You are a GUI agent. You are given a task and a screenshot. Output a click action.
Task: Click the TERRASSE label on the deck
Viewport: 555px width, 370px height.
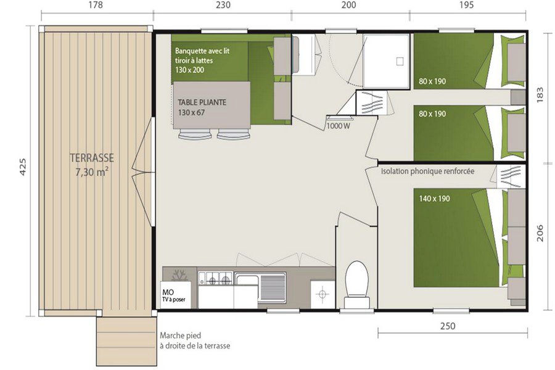tap(92, 158)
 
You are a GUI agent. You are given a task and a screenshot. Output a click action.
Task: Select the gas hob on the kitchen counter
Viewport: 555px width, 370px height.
tap(215, 278)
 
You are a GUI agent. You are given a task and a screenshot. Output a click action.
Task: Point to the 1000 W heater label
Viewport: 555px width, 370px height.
tap(339, 126)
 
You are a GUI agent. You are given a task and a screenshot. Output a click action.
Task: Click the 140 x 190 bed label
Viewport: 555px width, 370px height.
tap(434, 199)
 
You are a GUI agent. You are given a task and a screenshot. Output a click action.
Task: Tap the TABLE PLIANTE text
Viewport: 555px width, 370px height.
tap(202, 102)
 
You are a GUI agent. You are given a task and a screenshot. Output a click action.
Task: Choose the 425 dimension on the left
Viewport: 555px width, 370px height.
tap(22, 167)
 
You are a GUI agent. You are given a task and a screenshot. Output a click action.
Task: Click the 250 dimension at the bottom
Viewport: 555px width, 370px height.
tap(448, 326)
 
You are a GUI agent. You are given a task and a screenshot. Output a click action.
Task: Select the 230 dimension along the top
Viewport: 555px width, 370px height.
tap(223, 5)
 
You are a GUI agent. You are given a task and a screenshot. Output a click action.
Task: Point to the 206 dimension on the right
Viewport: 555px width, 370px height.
tap(540, 233)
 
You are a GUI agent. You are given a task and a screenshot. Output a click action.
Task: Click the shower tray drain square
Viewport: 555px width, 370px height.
tap(400, 61)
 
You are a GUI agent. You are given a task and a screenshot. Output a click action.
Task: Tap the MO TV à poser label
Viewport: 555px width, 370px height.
tap(174, 295)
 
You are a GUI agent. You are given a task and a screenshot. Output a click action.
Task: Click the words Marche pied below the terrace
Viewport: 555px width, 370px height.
tap(180, 335)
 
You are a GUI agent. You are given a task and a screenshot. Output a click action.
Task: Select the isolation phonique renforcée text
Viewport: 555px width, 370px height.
tap(427, 171)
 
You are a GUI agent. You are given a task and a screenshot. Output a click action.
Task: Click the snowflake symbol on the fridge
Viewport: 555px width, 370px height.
tap(180, 275)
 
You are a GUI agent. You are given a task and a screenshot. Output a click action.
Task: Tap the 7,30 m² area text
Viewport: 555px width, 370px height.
tap(92, 173)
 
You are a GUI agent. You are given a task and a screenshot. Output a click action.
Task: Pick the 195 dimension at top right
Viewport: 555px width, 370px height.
tap(467, 5)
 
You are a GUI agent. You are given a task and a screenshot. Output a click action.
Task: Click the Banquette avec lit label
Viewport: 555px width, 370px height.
tap(202, 51)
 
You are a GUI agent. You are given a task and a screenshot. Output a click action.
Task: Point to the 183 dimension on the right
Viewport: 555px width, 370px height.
tap(540, 95)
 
